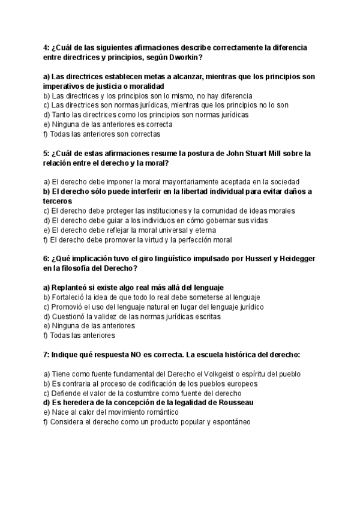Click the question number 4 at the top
[46, 47]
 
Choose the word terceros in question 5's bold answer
[58, 201]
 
